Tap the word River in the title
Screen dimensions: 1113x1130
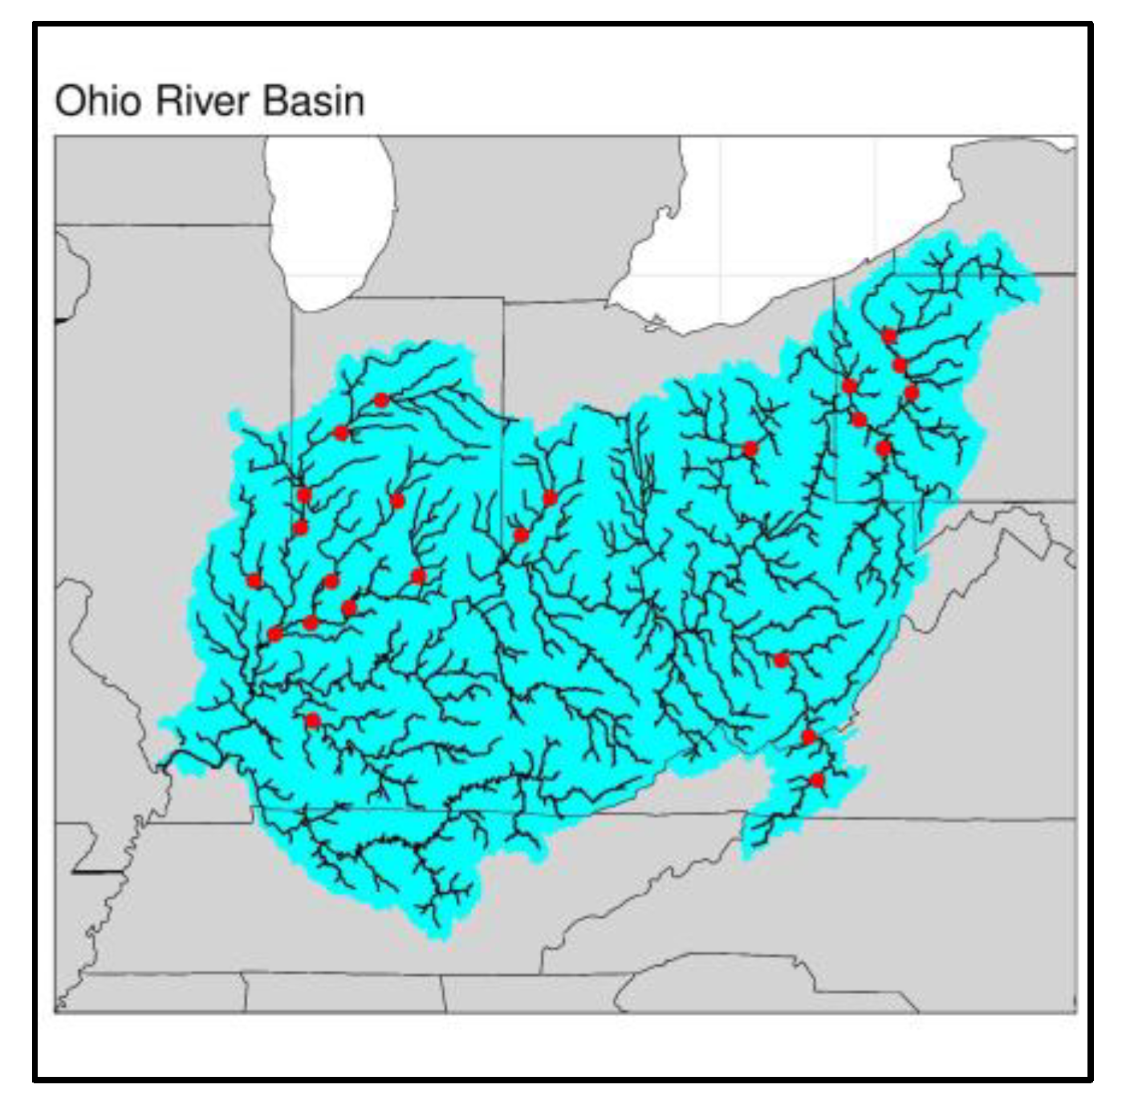pos(205,101)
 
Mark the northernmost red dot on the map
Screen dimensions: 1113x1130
pos(888,336)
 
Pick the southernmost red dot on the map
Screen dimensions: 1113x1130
pos(817,780)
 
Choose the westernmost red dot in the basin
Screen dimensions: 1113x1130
pos(254,581)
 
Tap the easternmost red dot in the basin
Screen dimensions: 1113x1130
pos(911,392)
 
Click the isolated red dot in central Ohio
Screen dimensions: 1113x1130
pos(750,449)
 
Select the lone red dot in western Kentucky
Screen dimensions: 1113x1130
pos(313,720)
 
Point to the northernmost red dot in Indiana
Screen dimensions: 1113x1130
pos(381,400)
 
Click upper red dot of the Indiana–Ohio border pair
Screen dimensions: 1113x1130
pos(550,498)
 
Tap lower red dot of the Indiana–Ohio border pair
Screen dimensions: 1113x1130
pos(521,535)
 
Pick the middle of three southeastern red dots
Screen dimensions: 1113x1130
pos(808,737)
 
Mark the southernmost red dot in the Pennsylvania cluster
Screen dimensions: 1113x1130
pos(884,448)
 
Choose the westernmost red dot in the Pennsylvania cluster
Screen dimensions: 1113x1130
pos(850,386)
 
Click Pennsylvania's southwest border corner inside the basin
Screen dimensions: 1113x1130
pos(837,499)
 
